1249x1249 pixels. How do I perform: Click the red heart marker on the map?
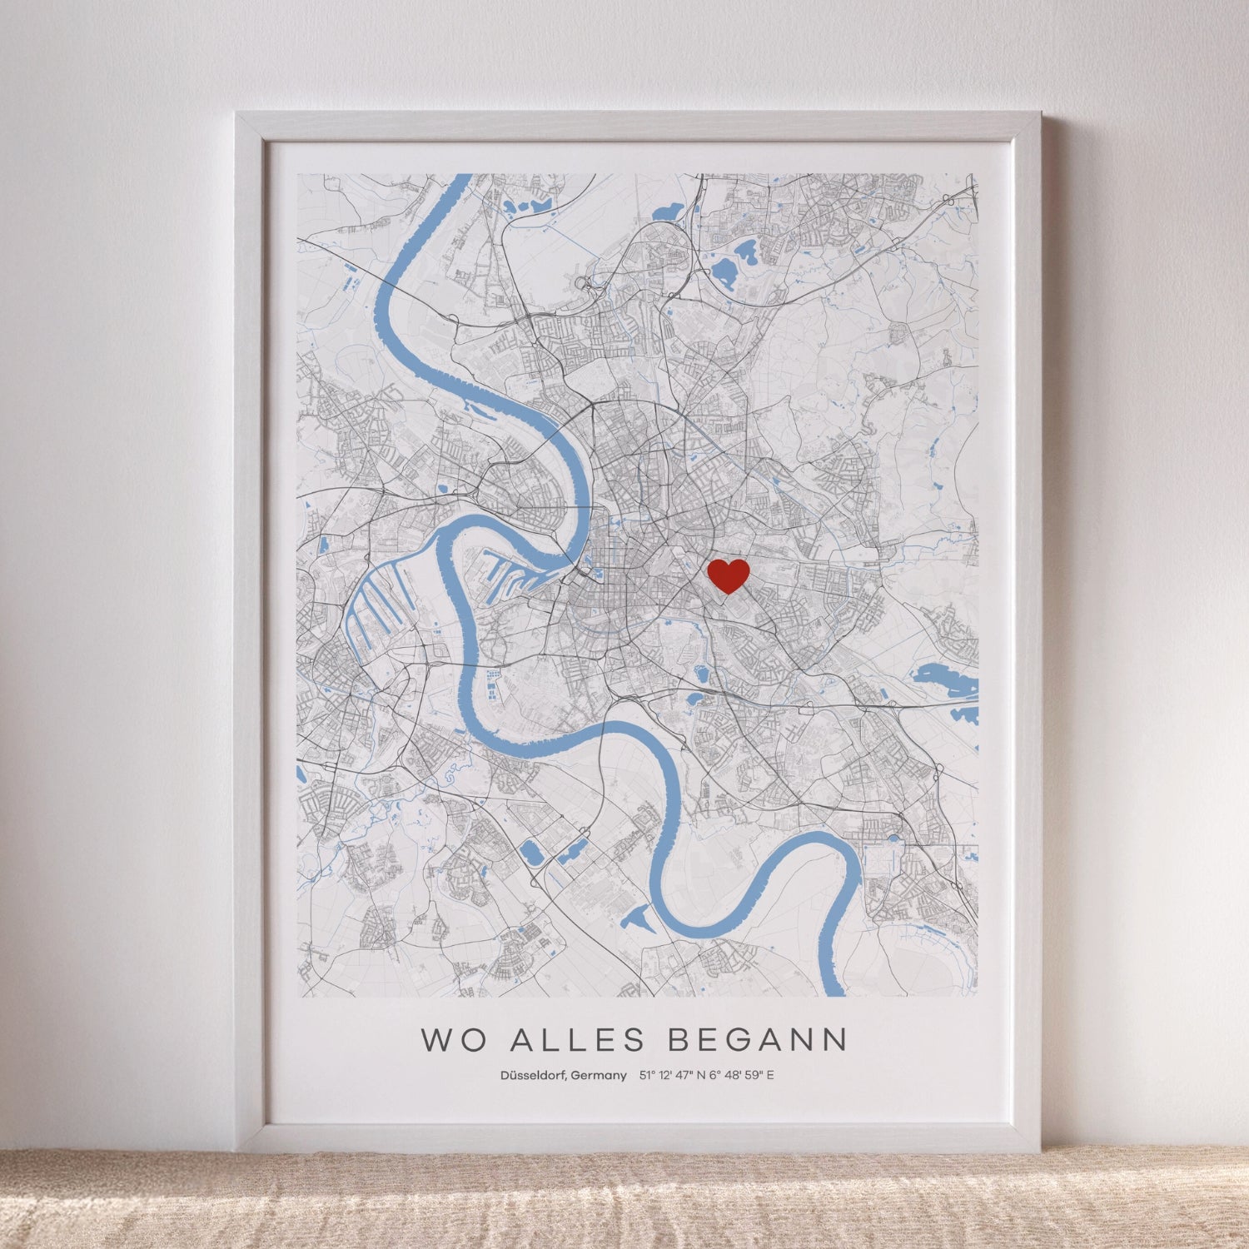coord(729,575)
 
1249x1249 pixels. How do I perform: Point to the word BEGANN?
coord(758,1039)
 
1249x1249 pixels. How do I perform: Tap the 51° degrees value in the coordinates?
coord(646,1075)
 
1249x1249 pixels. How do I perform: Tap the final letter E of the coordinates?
coord(770,1075)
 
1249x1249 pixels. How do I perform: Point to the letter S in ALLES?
coord(634,1039)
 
